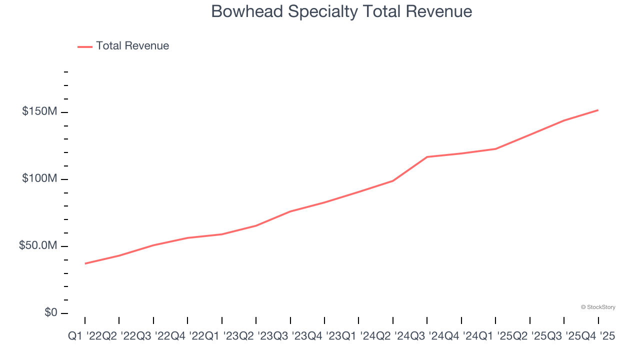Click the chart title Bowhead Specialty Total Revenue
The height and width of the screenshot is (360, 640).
point(341,11)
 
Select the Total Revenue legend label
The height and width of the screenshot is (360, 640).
point(132,46)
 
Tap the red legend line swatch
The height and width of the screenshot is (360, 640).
point(85,46)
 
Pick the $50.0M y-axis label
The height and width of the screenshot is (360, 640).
point(38,246)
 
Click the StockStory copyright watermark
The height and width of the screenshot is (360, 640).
point(598,307)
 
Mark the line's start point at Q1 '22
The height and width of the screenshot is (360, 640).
point(85,263)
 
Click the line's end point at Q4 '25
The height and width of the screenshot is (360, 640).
point(598,110)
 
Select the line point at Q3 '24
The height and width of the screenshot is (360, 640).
point(427,157)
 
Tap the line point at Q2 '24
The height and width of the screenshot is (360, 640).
point(393,180)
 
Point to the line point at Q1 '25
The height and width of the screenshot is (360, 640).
point(495,149)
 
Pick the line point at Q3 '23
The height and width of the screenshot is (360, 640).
point(290,211)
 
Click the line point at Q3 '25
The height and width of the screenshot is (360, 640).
point(564,120)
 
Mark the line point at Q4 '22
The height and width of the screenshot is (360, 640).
point(187,238)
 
